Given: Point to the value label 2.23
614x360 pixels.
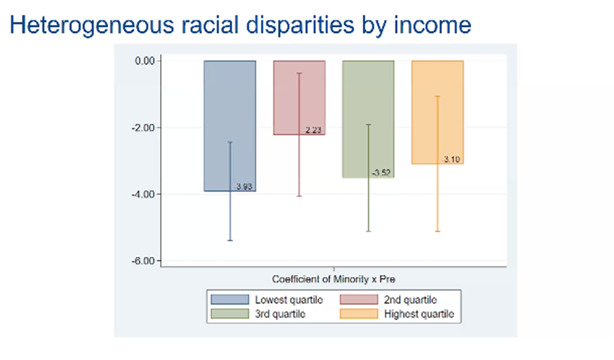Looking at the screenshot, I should point(313,131).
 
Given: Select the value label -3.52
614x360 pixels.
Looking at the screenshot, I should point(382,174).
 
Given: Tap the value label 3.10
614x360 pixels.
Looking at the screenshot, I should point(452,160).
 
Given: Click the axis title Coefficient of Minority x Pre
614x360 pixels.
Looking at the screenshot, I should point(334,276).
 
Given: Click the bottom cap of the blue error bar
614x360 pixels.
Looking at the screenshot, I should point(230,241).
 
